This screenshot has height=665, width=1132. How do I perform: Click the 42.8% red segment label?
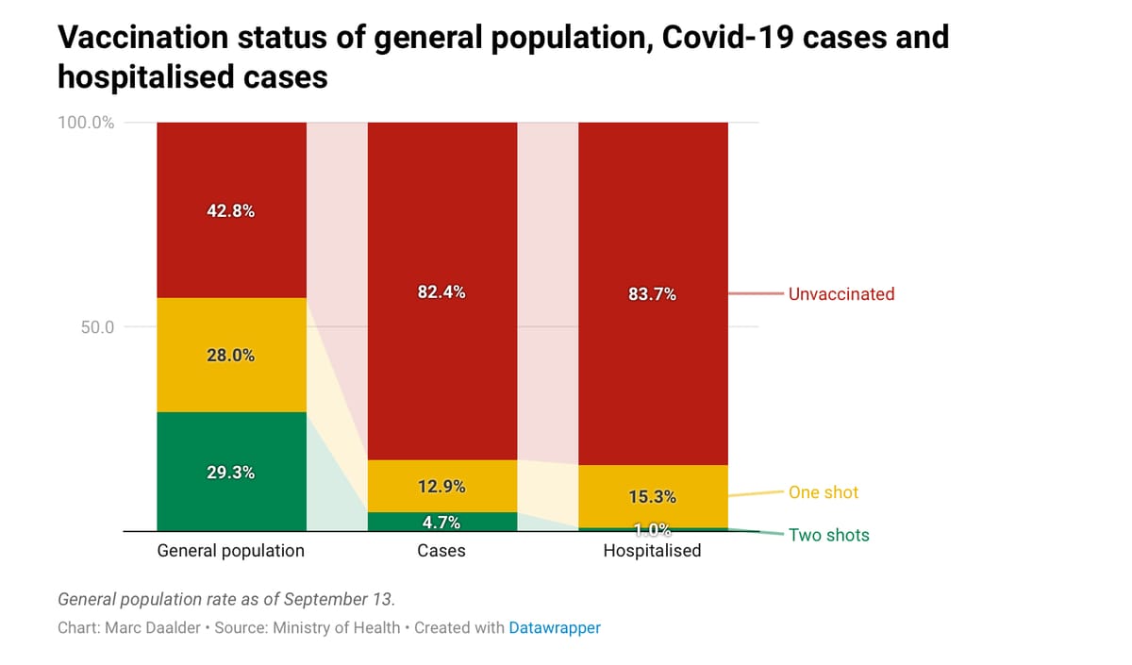coord(230,210)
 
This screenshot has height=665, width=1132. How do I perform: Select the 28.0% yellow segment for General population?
coord(230,356)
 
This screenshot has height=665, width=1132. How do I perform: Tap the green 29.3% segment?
coord(230,472)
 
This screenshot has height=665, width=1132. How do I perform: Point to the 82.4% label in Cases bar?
coord(441,292)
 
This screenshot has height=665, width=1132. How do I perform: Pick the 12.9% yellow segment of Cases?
coord(441,487)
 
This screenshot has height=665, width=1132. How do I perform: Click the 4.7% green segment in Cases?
coord(441,522)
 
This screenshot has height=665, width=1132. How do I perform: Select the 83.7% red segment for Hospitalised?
coord(652,293)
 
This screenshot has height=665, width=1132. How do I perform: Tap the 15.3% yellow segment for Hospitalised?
coord(652,496)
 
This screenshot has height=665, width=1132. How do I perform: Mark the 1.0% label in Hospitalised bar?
coord(652,529)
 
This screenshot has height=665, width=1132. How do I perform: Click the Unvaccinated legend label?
coord(841,293)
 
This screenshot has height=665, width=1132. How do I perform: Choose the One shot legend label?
coord(824,492)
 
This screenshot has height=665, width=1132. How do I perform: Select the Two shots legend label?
coord(828,535)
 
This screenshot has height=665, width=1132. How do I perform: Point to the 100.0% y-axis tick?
coord(86,123)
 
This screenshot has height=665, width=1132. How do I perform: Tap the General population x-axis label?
coord(230,550)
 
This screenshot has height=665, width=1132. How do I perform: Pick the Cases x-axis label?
coord(441,550)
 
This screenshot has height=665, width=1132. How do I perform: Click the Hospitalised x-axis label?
coord(652,550)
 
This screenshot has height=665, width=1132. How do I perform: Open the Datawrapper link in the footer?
coord(554,627)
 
